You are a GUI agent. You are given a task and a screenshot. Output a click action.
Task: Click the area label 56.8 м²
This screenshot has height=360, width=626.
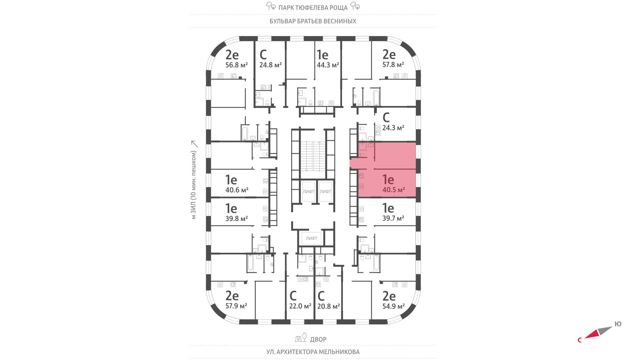pyautogui.click(x=236, y=65)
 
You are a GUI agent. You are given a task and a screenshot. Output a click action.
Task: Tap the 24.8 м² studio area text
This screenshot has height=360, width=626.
pyautogui.click(x=270, y=65)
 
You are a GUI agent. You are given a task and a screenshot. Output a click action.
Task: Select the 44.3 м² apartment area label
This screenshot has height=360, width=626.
pyautogui.click(x=328, y=65)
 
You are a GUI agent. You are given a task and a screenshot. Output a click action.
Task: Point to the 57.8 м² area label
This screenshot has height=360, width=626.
pyautogui.click(x=393, y=65)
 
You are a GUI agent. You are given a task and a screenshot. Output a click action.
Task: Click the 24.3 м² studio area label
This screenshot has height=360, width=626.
pyautogui.click(x=393, y=128)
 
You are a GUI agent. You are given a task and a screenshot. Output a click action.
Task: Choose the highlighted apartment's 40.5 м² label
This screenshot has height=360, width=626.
pyautogui.click(x=394, y=190)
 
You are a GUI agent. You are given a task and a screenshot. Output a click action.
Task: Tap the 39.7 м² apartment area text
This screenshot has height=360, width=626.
pyautogui.click(x=393, y=218)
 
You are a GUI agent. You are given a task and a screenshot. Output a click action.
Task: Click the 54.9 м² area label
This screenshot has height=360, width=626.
pyautogui.click(x=394, y=306)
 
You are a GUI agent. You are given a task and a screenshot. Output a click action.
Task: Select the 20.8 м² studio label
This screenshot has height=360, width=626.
pyautogui.click(x=328, y=306)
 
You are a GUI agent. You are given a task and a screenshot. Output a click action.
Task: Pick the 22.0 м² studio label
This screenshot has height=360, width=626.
pyautogui.click(x=300, y=306)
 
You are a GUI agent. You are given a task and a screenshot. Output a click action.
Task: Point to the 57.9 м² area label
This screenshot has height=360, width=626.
pyautogui.click(x=236, y=306)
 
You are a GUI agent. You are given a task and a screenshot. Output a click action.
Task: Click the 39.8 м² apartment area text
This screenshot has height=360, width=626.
pyautogui.click(x=236, y=219)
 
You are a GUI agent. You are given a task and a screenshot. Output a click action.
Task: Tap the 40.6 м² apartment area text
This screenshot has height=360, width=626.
pyautogui.click(x=237, y=190)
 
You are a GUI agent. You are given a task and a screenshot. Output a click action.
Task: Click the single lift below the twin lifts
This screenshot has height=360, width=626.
pyautogui.click(x=311, y=238)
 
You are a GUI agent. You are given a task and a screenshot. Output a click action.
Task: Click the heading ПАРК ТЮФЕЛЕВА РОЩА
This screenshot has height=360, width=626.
pyautogui.click(x=313, y=7)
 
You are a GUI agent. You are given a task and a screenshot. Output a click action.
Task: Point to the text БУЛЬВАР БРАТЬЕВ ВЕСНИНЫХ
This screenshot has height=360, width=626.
pyautogui.click(x=313, y=21)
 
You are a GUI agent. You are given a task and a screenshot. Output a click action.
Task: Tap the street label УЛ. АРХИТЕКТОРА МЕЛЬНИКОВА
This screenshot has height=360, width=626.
pyautogui.click(x=313, y=352)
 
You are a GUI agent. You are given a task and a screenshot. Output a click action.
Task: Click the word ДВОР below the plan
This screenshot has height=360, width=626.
pyautogui.click(x=318, y=339)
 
